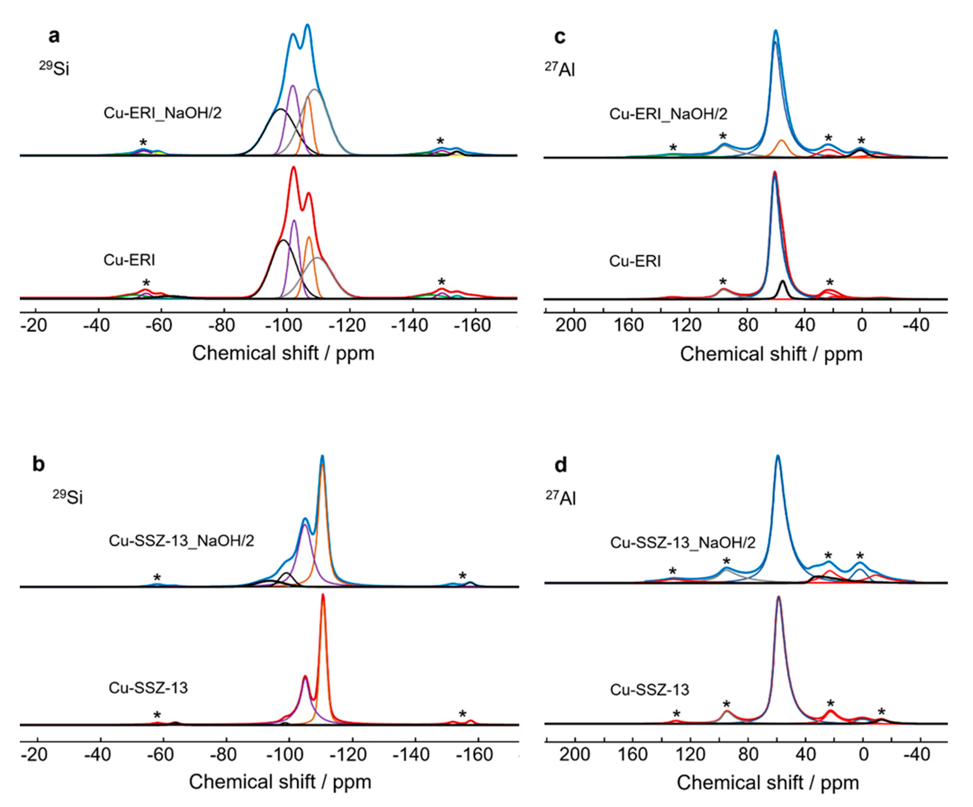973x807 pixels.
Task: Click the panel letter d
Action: pos(561,465)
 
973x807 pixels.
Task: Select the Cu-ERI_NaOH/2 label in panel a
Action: pos(162,113)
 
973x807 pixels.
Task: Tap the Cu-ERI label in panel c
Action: pos(635,261)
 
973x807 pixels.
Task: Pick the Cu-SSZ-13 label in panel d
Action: pos(650,690)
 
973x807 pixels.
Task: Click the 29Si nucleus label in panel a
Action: pos(54,68)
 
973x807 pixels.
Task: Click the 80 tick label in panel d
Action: pos(749,755)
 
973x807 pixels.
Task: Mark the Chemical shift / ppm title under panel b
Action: pos(280,782)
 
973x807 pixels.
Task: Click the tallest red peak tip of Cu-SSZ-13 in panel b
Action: pos(323,595)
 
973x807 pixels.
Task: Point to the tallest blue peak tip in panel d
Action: pos(778,456)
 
